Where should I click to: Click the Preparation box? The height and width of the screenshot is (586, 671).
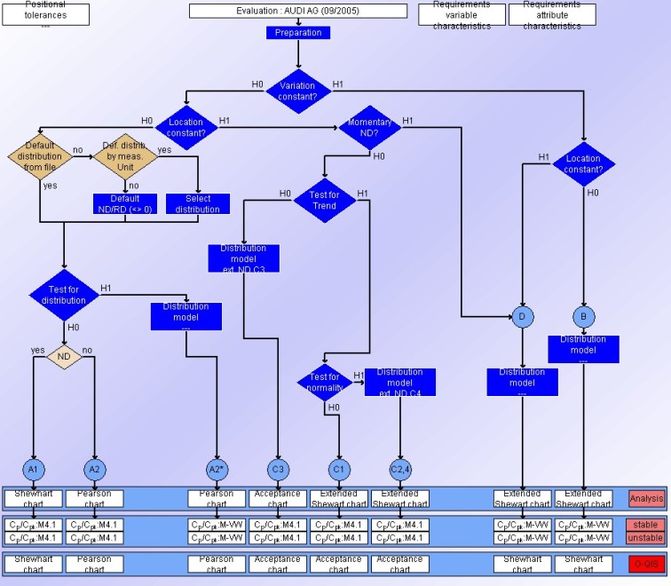tap(298, 33)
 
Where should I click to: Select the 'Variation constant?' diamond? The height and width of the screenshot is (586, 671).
tap(298, 91)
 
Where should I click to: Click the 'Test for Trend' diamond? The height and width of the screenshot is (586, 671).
tap(323, 200)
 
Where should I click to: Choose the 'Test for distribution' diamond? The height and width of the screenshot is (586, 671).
tap(64, 294)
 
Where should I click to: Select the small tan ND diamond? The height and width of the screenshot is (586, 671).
tap(64, 357)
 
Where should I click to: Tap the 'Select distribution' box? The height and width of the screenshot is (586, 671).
tap(198, 203)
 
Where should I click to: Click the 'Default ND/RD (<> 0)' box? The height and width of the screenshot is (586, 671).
tap(124, 203)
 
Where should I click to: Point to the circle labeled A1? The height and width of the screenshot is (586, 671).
tap(33, 468)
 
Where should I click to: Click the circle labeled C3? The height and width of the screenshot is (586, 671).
tap(278, 468)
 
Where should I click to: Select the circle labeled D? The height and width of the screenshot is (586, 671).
tap(522, 316)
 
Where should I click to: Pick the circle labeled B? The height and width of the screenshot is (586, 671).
tap(583, 316)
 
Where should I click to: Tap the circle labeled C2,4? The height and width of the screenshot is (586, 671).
tap(400, 468)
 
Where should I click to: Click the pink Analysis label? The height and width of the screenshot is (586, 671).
tap(646, 499)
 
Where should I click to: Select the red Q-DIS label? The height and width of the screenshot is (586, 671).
tap(646, 564)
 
